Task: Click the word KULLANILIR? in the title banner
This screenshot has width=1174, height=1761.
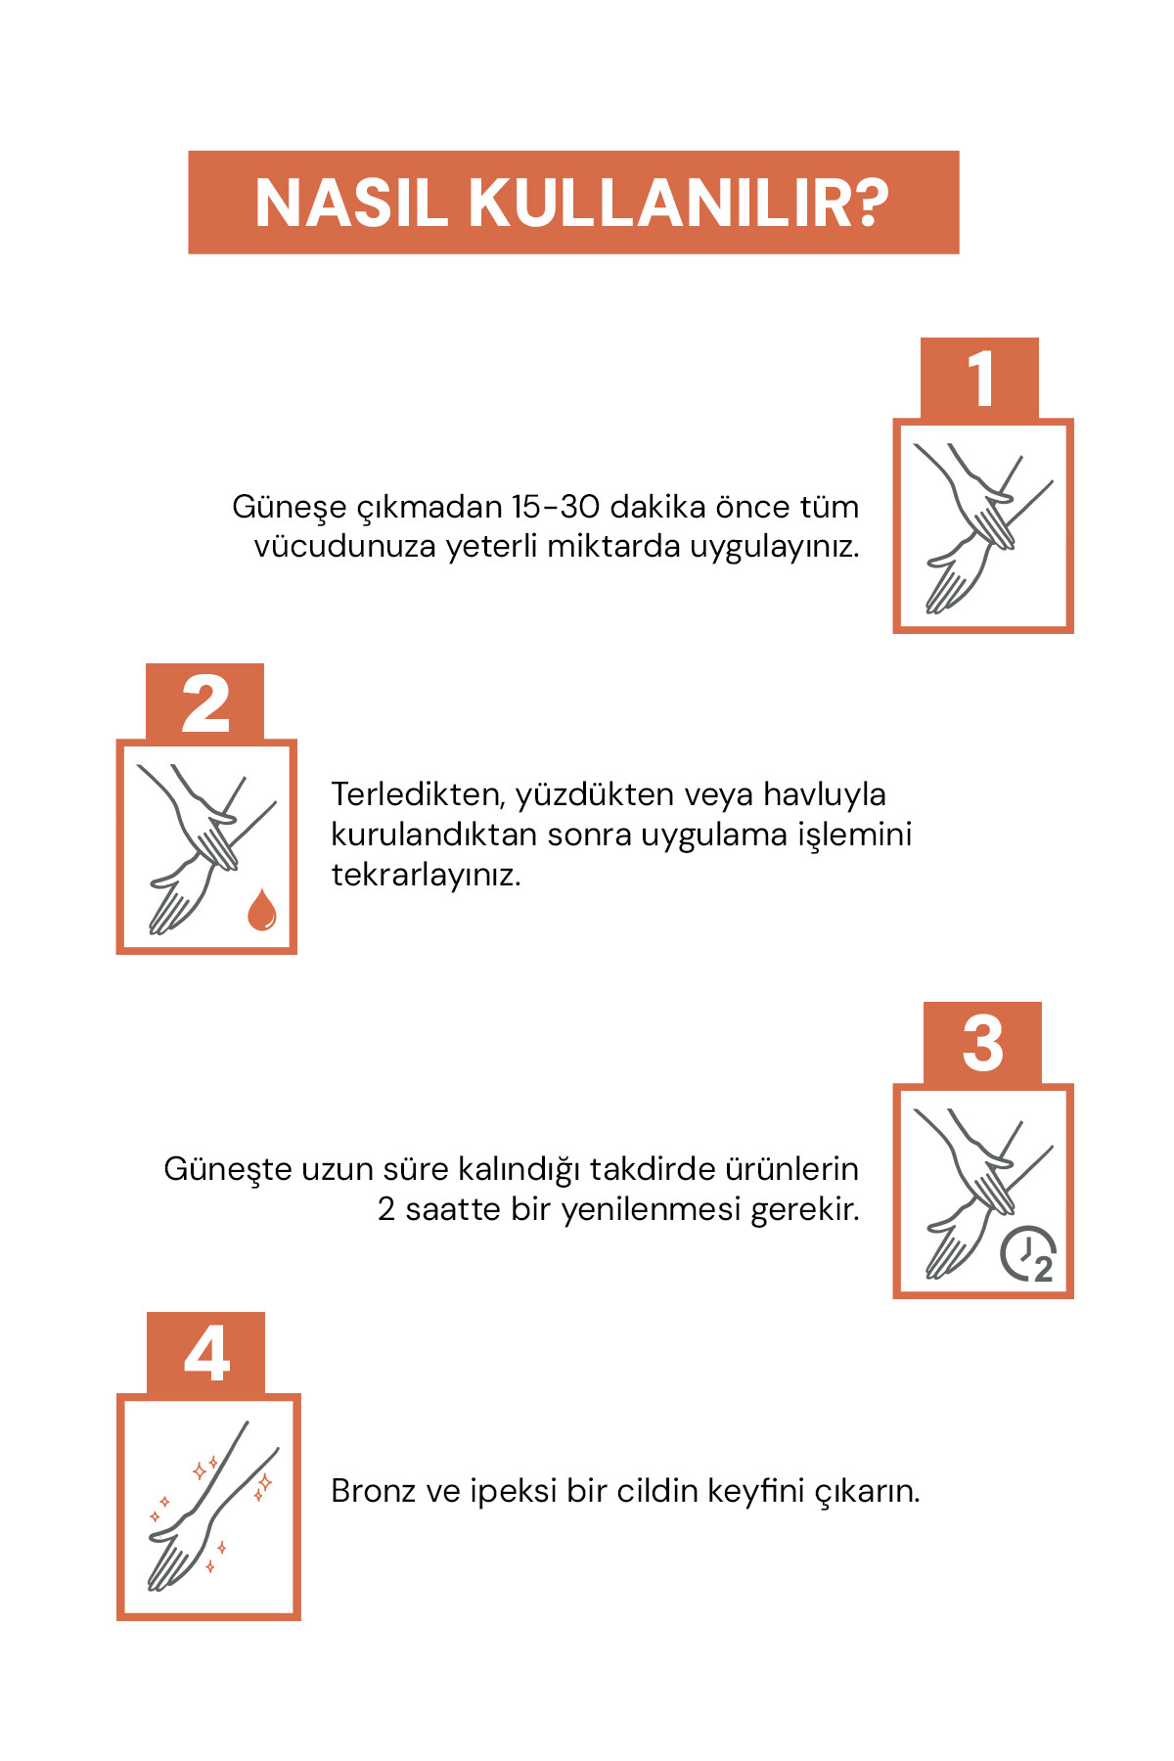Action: click(x=679, y=203)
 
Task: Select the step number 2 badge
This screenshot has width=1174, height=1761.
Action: click(x=204, y=703)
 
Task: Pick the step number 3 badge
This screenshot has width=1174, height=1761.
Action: click(x=982, y=1044)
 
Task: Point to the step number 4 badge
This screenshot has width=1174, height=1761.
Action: click(x=205, y=1354)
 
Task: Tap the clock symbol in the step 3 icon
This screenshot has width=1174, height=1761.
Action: click(x=1028, y=1253)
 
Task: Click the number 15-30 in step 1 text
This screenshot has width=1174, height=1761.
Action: click(x=555, y=507)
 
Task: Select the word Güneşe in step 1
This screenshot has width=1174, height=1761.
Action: click(x=290, y=508)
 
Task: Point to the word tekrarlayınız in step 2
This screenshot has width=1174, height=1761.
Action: click(x=426, y=875)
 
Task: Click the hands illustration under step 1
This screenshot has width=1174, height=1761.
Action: click(x=982, y=527)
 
